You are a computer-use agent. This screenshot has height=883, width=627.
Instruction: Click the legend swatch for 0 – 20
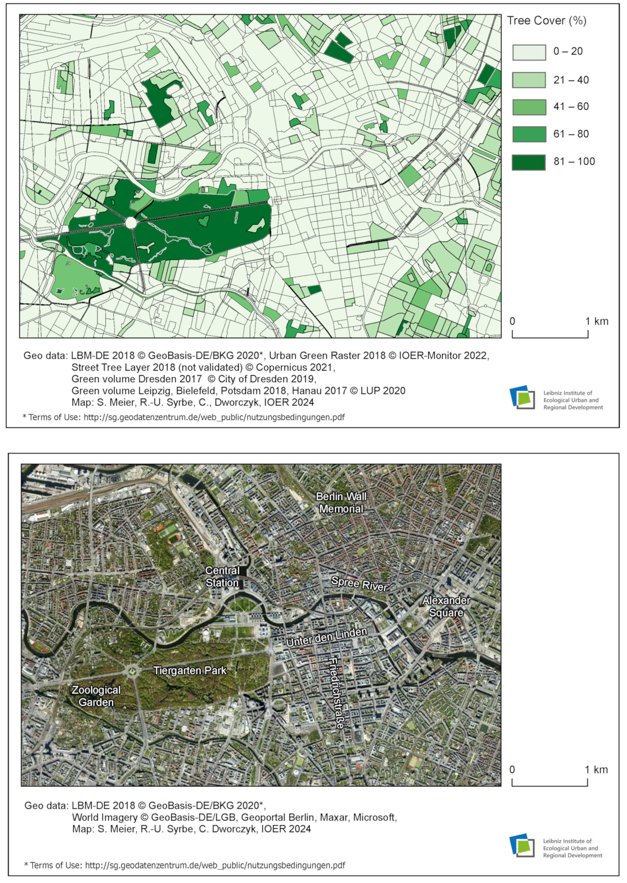529,52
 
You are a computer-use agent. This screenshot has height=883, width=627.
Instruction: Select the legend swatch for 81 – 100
529,162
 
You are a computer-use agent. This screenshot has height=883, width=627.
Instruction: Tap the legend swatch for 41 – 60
529,107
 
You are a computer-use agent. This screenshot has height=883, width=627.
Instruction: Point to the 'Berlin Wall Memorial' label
341,502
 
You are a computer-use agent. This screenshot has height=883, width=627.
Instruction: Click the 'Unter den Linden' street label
326,637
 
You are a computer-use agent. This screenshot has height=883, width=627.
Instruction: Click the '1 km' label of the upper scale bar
597,321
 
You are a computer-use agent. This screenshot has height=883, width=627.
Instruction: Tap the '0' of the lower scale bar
512,770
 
